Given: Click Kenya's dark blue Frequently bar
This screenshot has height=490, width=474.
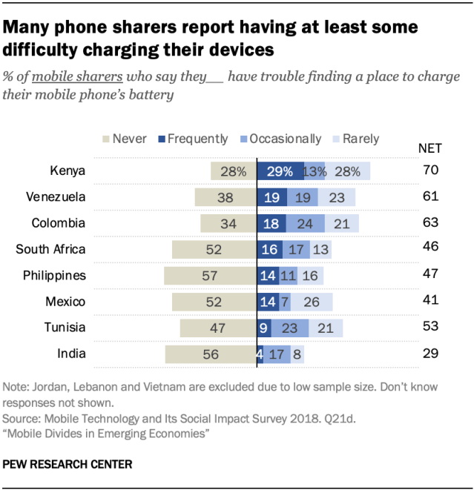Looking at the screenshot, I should [x=280, y=171].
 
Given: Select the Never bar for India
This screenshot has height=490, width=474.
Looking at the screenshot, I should [x=211, y=354].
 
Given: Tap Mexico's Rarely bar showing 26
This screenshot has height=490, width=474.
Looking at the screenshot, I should [x=312, y=302].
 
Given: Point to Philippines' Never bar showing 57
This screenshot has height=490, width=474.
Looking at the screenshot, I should [x=211, y=276].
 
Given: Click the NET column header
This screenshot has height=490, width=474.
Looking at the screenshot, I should [x=430, y=148].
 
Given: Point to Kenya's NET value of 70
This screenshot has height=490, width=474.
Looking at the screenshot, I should [x=430, y=171].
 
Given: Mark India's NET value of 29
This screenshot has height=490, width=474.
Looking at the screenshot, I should [x=430, y=354].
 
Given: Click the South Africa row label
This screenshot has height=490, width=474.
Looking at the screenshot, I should [x=50, y=250].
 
